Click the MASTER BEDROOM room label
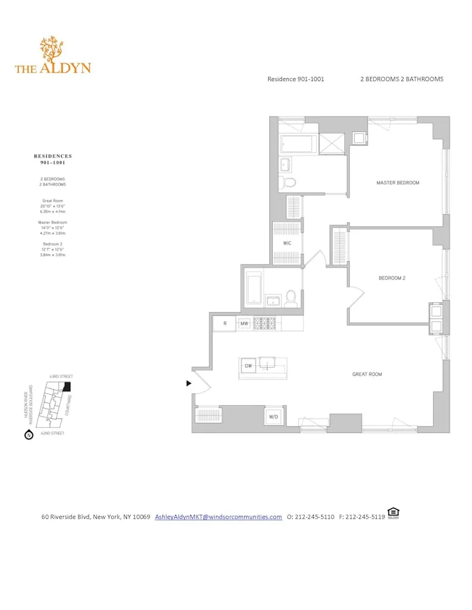coord(398,183)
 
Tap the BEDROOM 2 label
coord(392,278)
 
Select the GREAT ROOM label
coord(367,374)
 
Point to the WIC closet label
coord(287,243)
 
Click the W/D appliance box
coord(272,417)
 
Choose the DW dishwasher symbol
coord(249,366)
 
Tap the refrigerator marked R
coord(225,323)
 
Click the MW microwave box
coord(244,323)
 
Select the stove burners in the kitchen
coord(265,323)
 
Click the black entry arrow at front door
coord(189,383)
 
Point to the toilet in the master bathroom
coord(289,182)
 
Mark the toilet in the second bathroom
coord(291,297)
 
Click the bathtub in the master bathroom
coord(297,145)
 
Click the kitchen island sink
coord(267,365)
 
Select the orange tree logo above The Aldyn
coord(52,49)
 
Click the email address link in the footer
coord(218,517)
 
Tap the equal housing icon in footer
coord(393,513)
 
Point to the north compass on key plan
coord(28,436)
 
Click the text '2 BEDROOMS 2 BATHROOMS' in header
coord(401,79)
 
